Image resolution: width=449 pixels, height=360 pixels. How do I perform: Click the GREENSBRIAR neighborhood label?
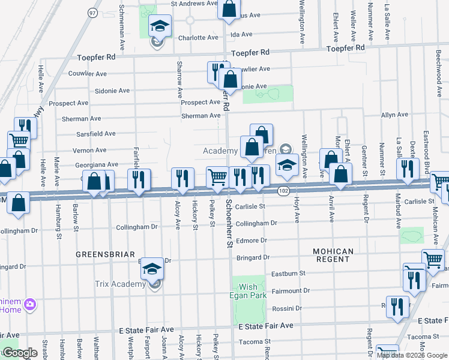pyautogui.click(x=105, y=254)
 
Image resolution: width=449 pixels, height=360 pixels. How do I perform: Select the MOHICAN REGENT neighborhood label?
pyautogui.click(x=332, y=255)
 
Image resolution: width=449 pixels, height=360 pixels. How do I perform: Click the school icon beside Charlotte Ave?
pyautogui.click(x=160, y=26)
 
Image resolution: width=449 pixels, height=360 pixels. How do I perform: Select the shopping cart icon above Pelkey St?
pyautogui.click(x=217, y=176)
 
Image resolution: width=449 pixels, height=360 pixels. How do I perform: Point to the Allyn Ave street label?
pyautogui.click(x=394, y=115)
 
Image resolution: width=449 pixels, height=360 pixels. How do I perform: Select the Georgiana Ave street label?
pyautogui.click(x=96, y=164)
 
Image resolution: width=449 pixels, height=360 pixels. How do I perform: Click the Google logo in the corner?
pyautogui.click(x=20, y=353)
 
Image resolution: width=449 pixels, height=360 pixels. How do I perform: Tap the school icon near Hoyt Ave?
pyautogui.click(x=288, y=164)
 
